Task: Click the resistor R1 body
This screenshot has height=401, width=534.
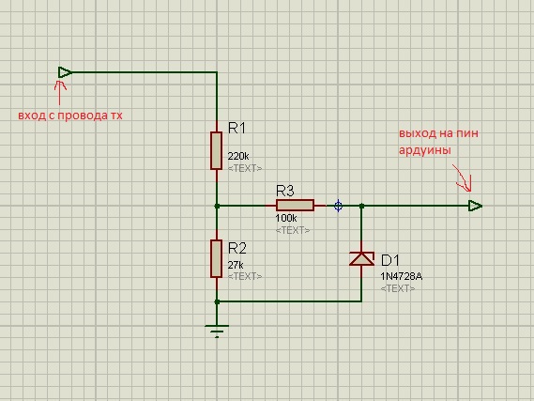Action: click(216, 150)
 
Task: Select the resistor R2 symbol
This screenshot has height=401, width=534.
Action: click(216, 258)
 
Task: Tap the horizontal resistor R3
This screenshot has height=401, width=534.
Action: click(295, 206)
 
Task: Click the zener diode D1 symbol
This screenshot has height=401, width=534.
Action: click(361, 258)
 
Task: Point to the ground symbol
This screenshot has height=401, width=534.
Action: click(217, 331)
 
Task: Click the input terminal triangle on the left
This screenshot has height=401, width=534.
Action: click(65, 72)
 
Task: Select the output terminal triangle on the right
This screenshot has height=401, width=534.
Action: click(476, 206)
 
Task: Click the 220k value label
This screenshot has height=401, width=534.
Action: click(238, 157)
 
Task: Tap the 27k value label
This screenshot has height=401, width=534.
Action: click(236, 265)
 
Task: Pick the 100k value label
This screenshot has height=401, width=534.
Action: click(285, 218)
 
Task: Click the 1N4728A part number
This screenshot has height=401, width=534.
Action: click(401, 276)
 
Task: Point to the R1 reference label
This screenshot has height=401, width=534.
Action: click(236, 128)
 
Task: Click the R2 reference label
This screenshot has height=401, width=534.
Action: click(236, 248)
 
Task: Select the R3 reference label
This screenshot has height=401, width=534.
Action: click(284, 192)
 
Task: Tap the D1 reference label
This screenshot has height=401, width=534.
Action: click(390, 260)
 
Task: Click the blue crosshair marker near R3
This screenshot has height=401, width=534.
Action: click(338, 206)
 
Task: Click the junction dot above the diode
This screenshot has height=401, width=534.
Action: click(361, 206)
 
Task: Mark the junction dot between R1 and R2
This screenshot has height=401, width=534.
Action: click(217, 206)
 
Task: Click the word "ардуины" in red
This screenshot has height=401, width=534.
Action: click(425, 150)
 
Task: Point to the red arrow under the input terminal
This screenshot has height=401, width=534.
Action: click(60, 93)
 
